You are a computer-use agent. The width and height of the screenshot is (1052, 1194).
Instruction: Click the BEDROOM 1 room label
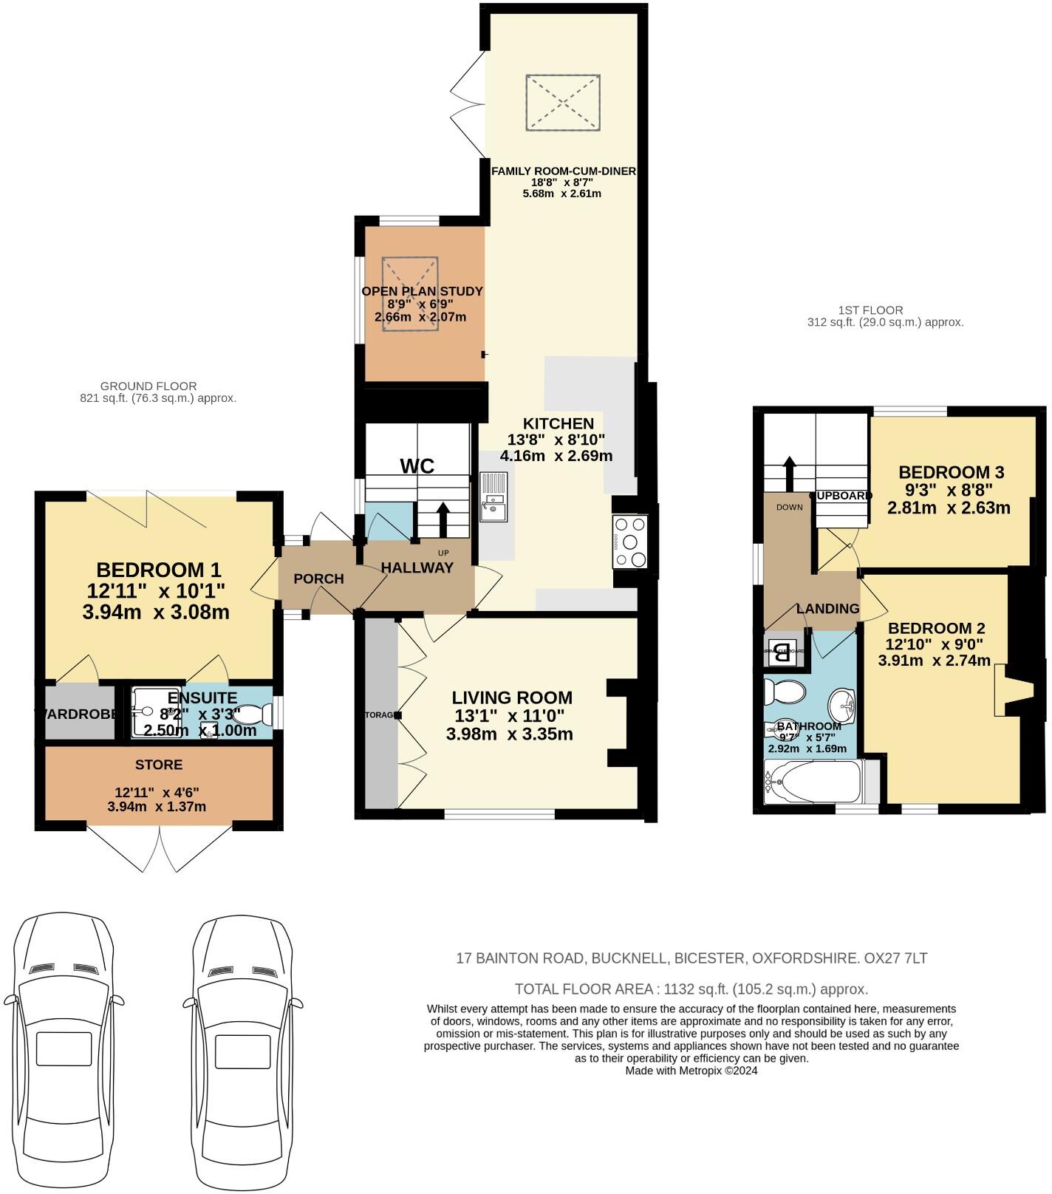(159, 570)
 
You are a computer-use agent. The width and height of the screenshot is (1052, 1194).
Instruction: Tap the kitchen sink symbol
(492, 497)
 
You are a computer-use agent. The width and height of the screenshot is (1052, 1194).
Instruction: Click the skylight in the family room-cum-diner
(563, 102)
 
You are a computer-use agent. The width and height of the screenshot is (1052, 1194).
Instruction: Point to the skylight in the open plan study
(410, 294)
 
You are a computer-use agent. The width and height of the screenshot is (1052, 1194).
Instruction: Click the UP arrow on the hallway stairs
(443, 520)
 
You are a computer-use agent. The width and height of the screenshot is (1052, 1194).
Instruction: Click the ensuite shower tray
(153, 713)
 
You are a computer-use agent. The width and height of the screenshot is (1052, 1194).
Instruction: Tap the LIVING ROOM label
(512, 697)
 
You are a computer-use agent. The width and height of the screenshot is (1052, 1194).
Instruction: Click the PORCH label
(318, 579)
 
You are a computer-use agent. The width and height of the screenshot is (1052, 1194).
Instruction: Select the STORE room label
(159, 764)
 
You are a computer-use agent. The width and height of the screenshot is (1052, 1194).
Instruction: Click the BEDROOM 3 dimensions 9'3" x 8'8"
(950, 490)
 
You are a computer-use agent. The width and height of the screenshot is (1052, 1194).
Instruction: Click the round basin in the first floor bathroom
(841, 706)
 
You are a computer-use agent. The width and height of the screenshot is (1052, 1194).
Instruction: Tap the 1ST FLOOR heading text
(870, 310)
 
